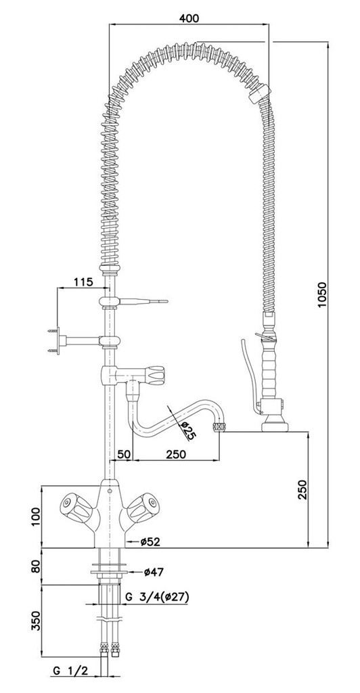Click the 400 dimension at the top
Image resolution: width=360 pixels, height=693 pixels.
(x=189, y=18)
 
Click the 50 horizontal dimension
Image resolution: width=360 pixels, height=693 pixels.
(x=124, y=454)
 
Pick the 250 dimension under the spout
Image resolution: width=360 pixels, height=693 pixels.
(x=176, y=454)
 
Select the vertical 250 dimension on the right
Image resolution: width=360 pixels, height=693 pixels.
(x=302, y=489)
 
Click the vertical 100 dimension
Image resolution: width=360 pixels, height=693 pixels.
(x=35, y=517)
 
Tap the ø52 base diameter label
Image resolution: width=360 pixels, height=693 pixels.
(x=150, y=541)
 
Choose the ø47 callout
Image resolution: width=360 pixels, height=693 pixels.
(x=154, y=572)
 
